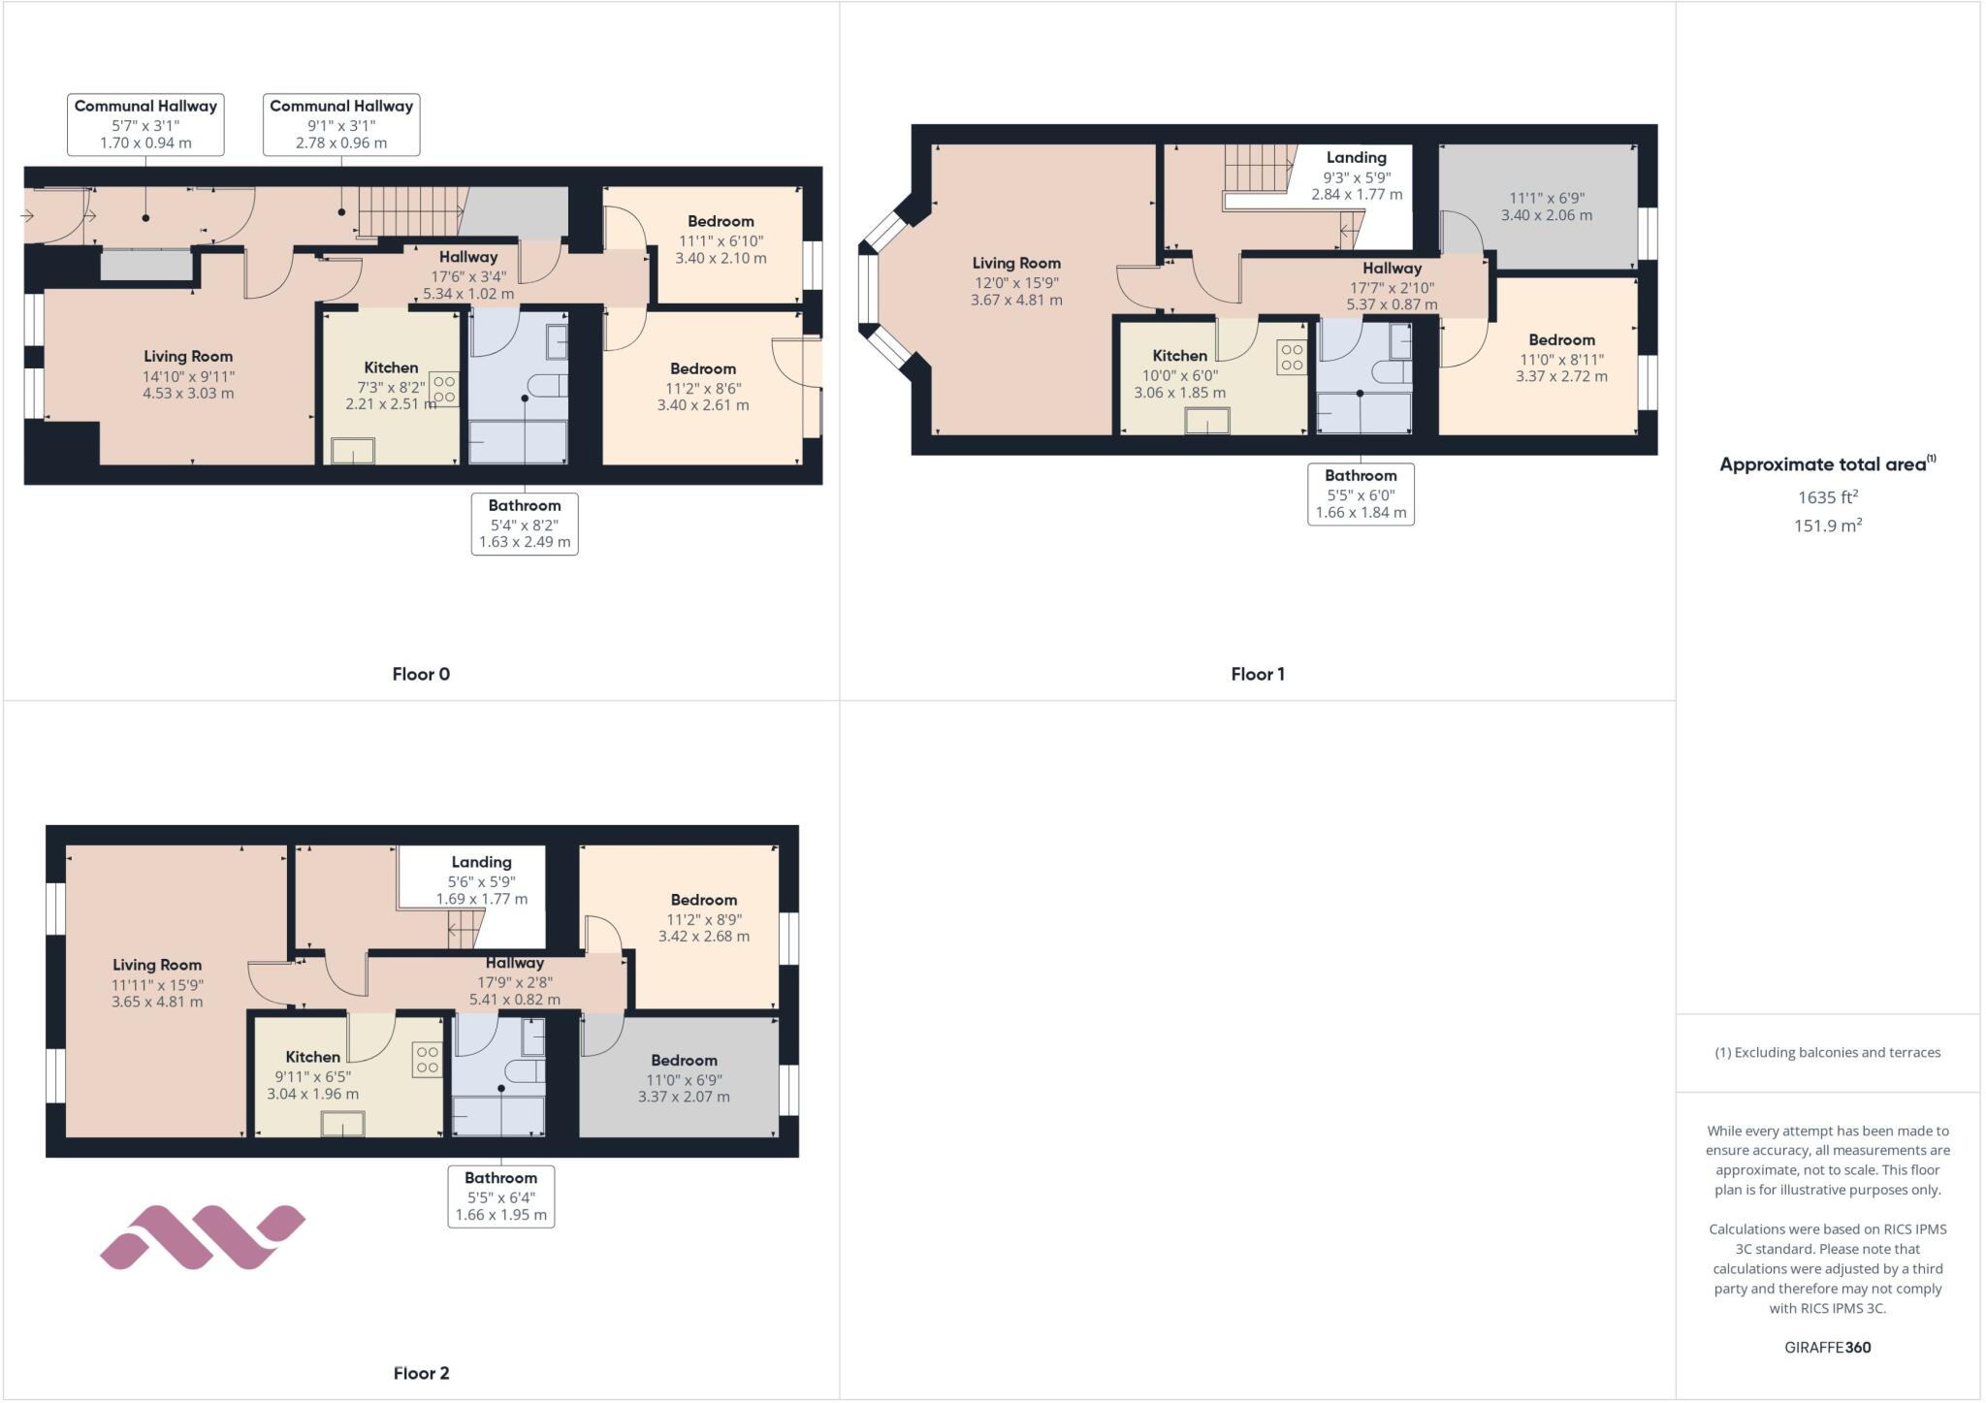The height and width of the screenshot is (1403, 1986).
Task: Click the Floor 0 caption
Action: coord(421,674)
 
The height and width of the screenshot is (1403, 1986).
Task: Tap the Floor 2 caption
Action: coord(421,1373)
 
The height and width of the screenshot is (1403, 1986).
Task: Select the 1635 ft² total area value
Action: coord(1827,497)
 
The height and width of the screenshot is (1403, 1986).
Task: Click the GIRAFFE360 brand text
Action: coord(1827,1347)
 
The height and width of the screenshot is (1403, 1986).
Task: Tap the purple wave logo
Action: coord(203,1237)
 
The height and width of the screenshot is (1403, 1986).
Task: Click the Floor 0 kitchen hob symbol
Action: coord(444,389)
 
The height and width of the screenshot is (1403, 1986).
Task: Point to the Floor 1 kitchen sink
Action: coord(1207,421)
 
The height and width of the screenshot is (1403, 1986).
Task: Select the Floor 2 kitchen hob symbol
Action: coord(428,1060)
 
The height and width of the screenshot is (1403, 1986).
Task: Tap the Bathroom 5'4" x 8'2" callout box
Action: coord(525,524)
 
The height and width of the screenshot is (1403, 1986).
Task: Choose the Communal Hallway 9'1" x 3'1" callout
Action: coord(341,124)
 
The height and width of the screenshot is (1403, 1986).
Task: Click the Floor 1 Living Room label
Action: coord(1016,263)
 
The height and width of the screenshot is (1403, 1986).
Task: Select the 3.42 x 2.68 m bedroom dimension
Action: coord(703,937)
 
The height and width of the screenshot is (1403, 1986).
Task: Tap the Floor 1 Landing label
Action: coord(1356,157)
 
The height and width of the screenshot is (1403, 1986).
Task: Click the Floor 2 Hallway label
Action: coord(514,963)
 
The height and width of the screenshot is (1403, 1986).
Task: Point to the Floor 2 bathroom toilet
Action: coord(529,1071)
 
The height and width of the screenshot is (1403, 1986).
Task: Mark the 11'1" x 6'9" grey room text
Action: coord(1547,198)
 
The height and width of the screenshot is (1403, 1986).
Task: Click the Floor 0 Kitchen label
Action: coord(391,367)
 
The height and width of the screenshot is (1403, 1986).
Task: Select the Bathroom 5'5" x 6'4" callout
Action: coord(500,1196)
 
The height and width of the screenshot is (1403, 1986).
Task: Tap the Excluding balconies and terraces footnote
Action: coord(1827,1052)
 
